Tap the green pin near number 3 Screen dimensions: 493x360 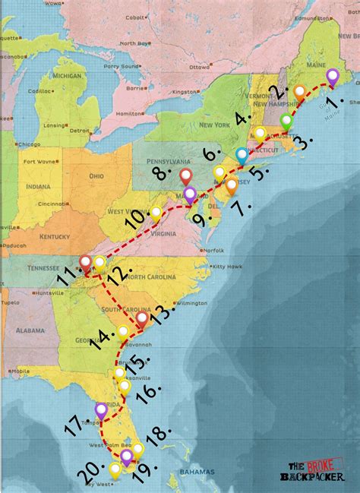pyautogui.click(x=286, y=121)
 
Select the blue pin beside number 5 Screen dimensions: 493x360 pyautogui.click(x=242, y=154)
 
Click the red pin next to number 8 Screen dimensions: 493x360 pyautogui.click(x=186, y=178)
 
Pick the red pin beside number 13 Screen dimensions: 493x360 pyautogui.click(x=142, y=320)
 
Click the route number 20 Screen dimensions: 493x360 pyautogui.click(x=90, y=476)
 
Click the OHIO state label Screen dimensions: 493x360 pyautogui.click(x=96, y=175)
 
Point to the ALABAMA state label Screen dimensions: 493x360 pyautogui.click(x=30, y=330)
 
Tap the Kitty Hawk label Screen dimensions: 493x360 pyautogui.click(x=226, y=266)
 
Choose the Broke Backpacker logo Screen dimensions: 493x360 pyautogui.click(x=314, y=472)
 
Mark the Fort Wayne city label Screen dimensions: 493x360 pyautogui.click(x=36, y=161)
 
